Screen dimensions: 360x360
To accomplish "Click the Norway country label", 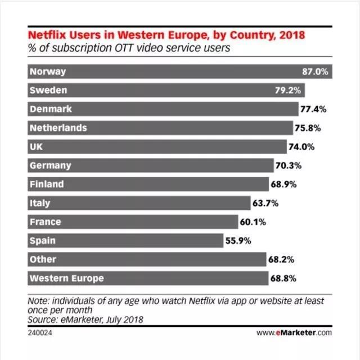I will (48, 71).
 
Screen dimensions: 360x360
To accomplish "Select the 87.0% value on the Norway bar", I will (315, 71).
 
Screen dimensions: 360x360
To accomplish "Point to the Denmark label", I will (51, 109).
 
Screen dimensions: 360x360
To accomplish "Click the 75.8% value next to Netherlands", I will (308, 128).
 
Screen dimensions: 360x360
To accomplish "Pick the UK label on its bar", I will (37, 147).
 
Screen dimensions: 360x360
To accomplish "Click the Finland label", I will (47, 184).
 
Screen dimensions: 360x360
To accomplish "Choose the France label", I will (45, 222).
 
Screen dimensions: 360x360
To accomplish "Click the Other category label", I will (43, 259).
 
